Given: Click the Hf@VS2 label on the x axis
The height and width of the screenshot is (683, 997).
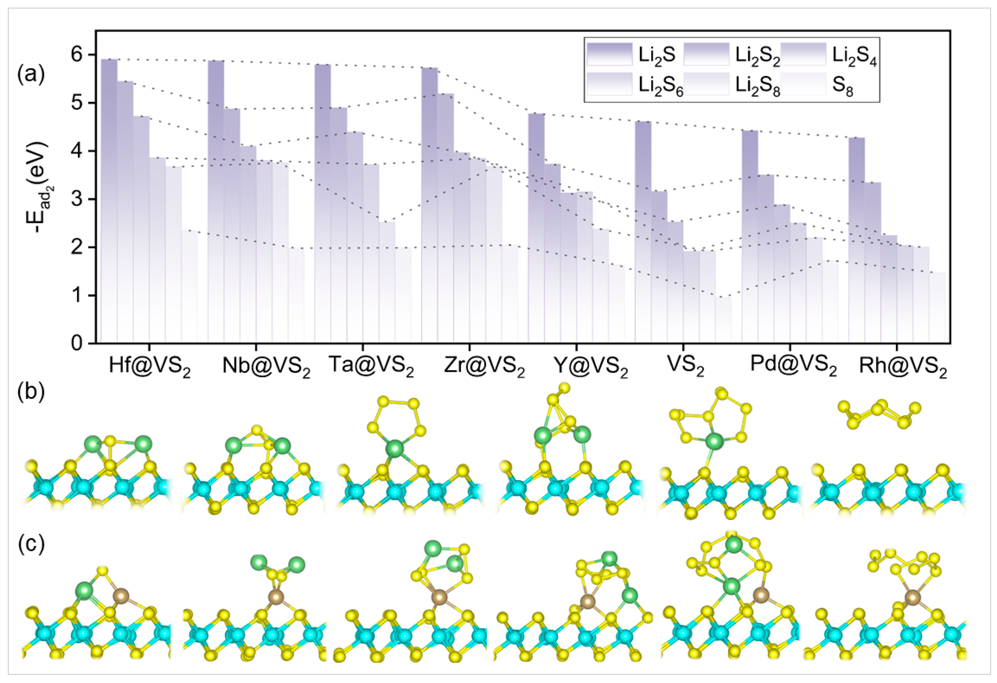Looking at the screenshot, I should click(149, 367).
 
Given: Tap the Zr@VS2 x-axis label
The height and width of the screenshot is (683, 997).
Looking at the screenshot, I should click(484, 367).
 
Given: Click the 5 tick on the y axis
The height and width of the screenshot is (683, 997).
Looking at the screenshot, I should click(77, 103).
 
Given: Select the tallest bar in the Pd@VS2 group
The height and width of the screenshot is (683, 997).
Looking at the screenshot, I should click(750, 236).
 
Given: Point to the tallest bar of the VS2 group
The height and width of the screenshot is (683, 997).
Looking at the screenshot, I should click(643, 232).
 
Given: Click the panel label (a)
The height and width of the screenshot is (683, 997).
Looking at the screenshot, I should click(31, 74).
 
